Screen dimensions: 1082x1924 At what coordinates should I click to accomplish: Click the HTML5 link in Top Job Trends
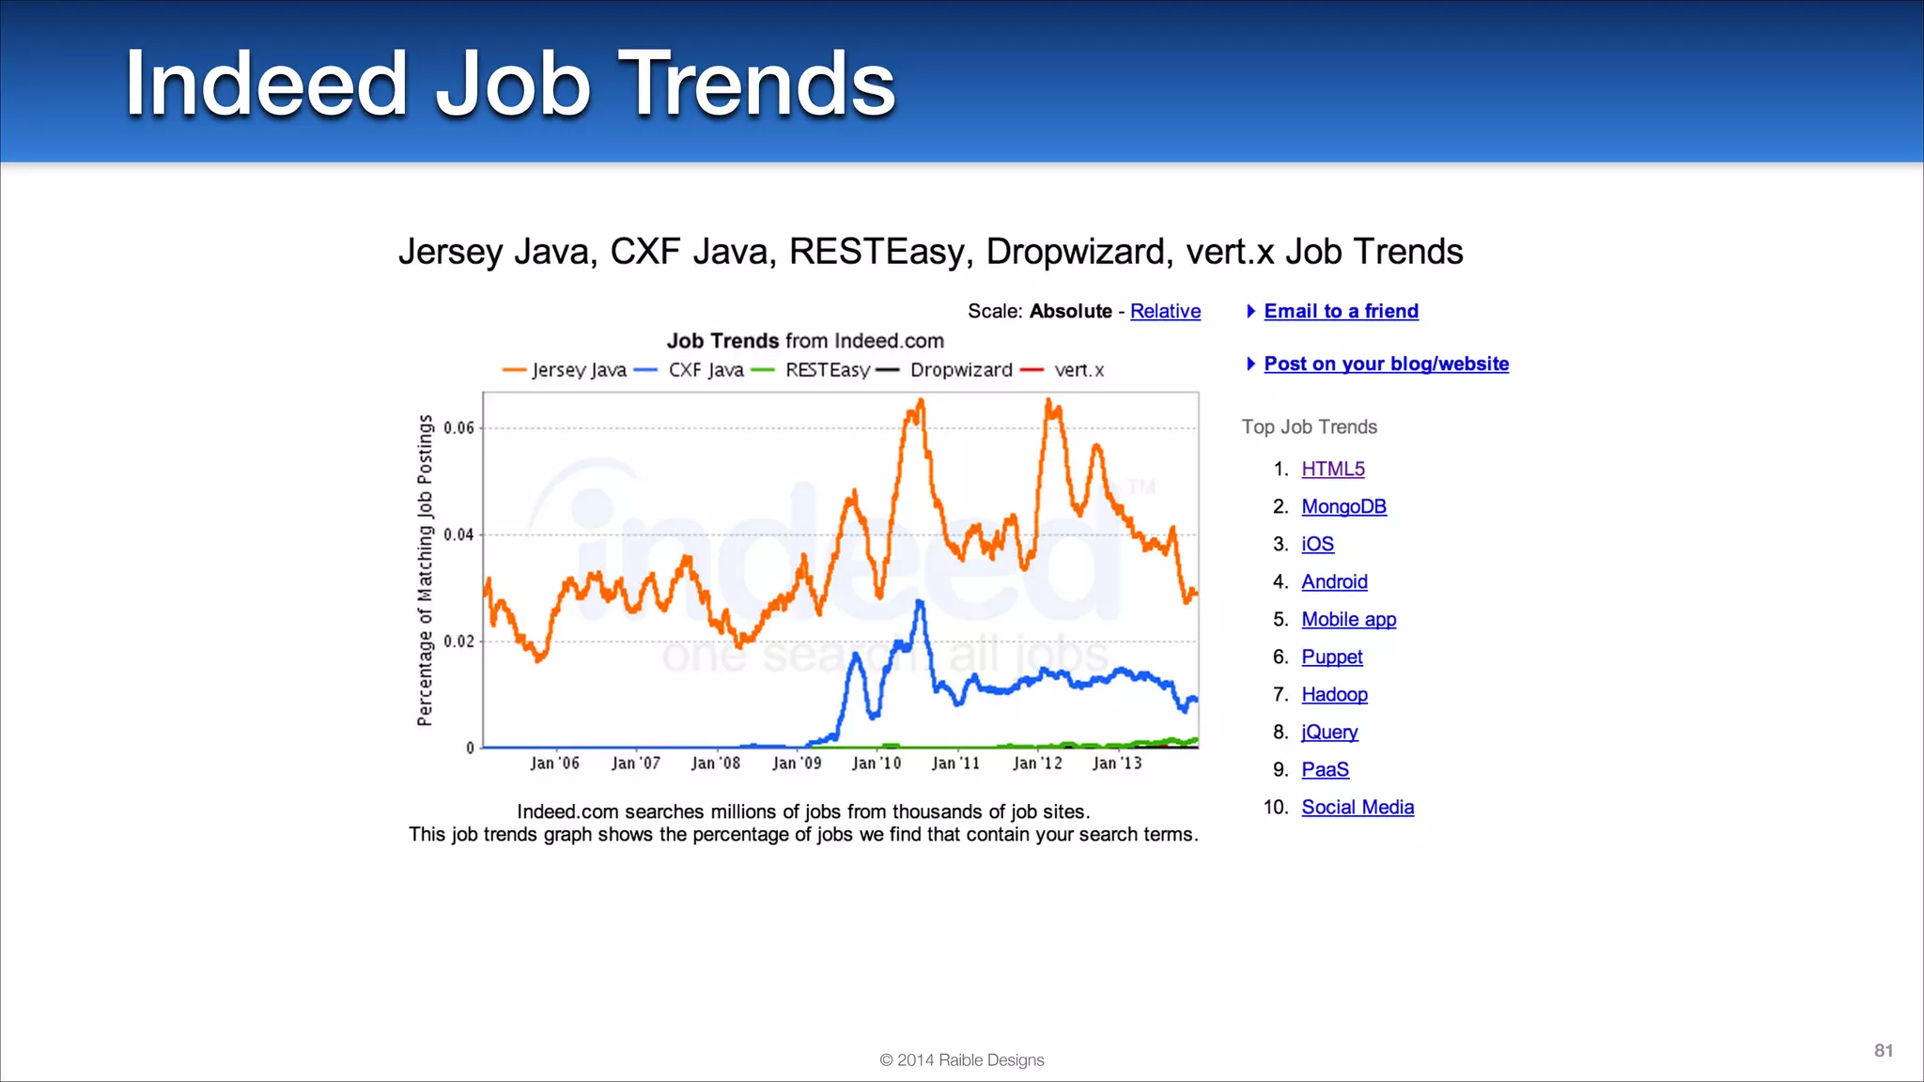click(x=1332, y=469)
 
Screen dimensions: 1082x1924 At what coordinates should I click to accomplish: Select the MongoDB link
click(x=1343, y=506)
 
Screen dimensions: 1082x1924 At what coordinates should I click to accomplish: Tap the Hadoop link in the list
click(x=1334, y=694)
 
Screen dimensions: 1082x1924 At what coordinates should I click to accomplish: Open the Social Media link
click(x=1357, y=807)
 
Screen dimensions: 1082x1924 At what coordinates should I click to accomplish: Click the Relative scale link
click(x=1165, y=311)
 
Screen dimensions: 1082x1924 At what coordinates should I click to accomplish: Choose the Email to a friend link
click(x=1341, y=311)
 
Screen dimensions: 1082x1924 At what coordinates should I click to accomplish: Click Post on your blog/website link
click(x=1386, y=363)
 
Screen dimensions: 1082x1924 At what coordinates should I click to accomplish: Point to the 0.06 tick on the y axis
click(x=459, y=428)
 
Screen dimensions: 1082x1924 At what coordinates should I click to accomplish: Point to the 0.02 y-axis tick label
click(x=459, y=641)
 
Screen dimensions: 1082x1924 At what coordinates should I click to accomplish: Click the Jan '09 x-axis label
click(x=796, y=764)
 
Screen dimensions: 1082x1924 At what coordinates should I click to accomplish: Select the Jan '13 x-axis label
click(x=1117, y=764)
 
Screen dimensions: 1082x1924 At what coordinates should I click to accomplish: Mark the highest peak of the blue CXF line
click(x=920, y=602)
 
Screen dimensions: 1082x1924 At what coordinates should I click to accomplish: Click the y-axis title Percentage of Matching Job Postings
click(x=425, y=570)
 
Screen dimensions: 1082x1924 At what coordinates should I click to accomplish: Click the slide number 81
click(x=1883, y=1051)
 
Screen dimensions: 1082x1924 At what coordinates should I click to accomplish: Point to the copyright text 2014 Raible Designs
click(x=961, y=1060)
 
